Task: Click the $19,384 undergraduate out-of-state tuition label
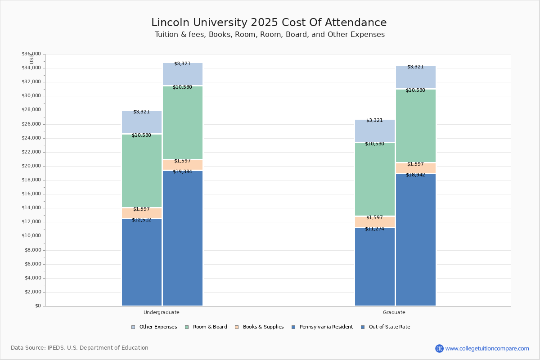tap(182, 172)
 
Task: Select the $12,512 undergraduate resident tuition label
tap(141, 220)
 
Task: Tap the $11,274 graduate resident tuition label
tap(374, 229)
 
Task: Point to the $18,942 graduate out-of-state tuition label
tap(415, 175)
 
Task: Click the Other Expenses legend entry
tap(154, 327)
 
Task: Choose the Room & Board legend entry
tap(206, 327)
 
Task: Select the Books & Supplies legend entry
tap(259, 327)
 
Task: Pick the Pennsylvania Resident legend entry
tap(322, 327)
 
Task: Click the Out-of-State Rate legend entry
tap(386, 327)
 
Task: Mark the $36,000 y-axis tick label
tap(31, 54)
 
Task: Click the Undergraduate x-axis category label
tap(161, 312)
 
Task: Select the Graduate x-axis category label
tap(394, 312)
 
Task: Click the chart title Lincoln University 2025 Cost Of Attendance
tap(269, 22)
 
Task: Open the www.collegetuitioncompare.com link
tap(487, 348)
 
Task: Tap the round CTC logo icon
tap(439, 348)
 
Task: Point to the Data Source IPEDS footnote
tap(80, 348)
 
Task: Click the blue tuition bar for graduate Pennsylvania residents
tap(374, 267)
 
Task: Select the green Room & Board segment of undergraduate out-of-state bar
tap(183, 122)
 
